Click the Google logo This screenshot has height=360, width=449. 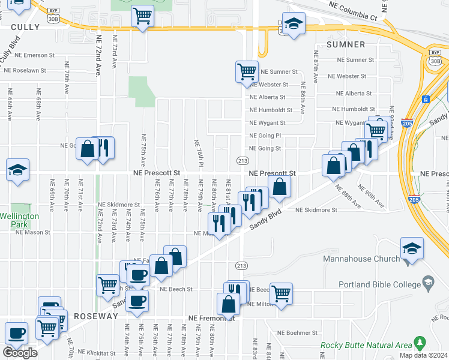20,353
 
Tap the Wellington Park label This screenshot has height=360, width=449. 19,220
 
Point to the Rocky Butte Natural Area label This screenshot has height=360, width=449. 366,345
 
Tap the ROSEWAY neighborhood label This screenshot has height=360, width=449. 95,316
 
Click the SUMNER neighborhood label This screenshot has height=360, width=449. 346,44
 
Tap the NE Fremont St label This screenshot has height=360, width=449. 210,318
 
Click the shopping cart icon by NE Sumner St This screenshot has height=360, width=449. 247,72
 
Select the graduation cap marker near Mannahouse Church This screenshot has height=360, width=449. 412,248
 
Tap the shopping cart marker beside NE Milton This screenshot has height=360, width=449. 281,294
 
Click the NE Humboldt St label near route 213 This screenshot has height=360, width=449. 271,110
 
